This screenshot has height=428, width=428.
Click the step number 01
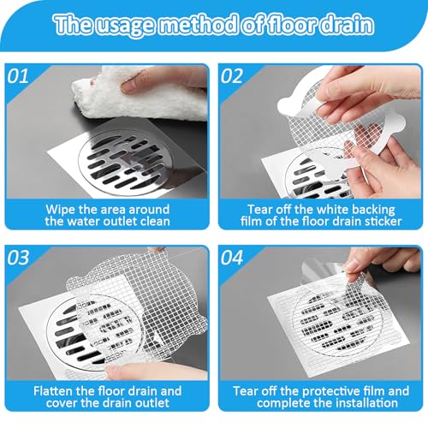point(18,76)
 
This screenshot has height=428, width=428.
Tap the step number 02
point(232,76)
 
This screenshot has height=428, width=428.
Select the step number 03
point(18,258)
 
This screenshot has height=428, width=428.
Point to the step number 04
point(232,258)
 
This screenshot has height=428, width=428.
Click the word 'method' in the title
point(198,25)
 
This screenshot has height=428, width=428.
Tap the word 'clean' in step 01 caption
point(156,222)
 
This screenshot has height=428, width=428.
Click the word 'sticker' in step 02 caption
point(383,222)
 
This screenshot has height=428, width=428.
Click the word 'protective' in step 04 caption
point(329,391)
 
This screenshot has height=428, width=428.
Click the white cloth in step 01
point(140,94)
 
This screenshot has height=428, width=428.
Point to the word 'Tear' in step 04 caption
point(246,391)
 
